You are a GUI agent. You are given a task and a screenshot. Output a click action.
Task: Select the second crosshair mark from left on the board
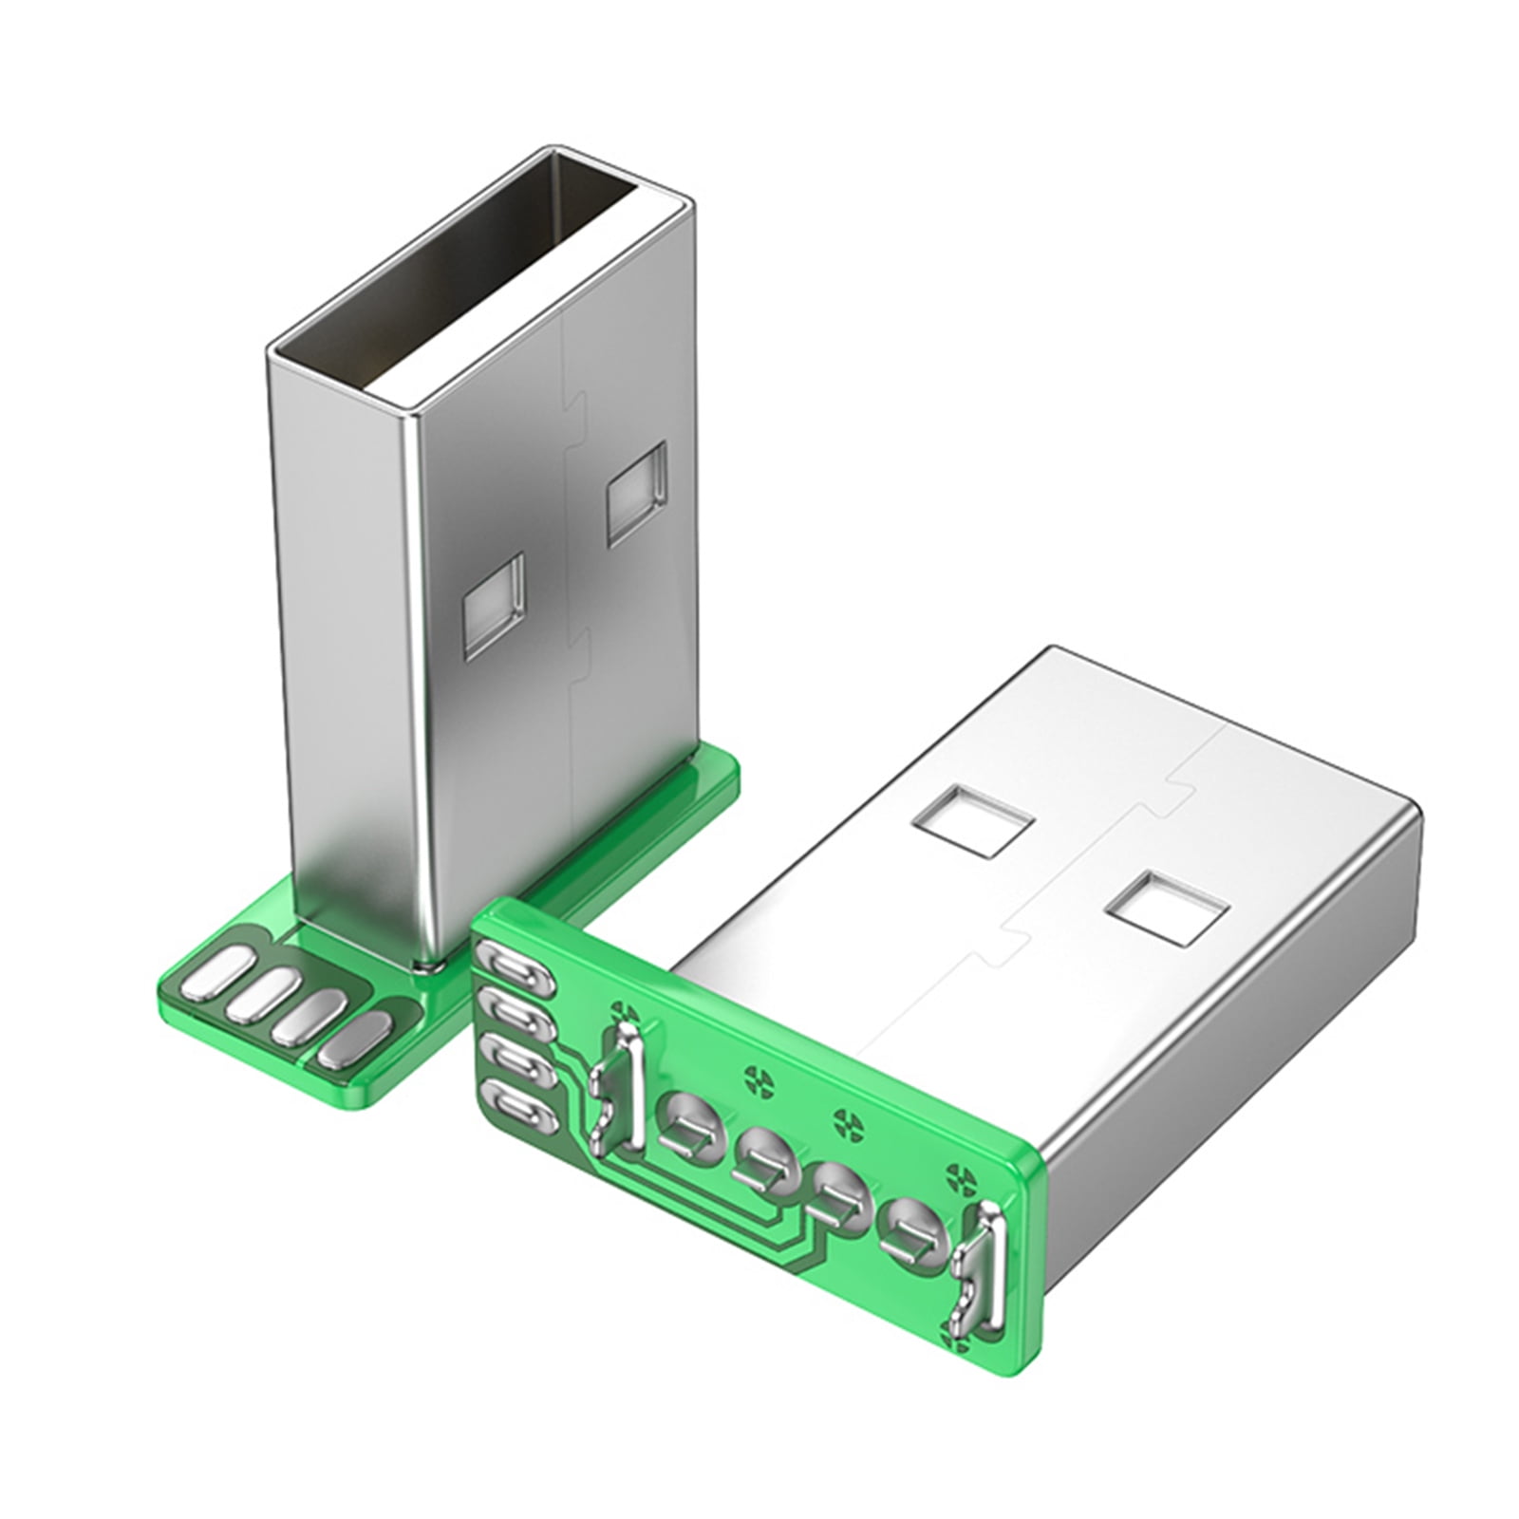[757, 1076]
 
